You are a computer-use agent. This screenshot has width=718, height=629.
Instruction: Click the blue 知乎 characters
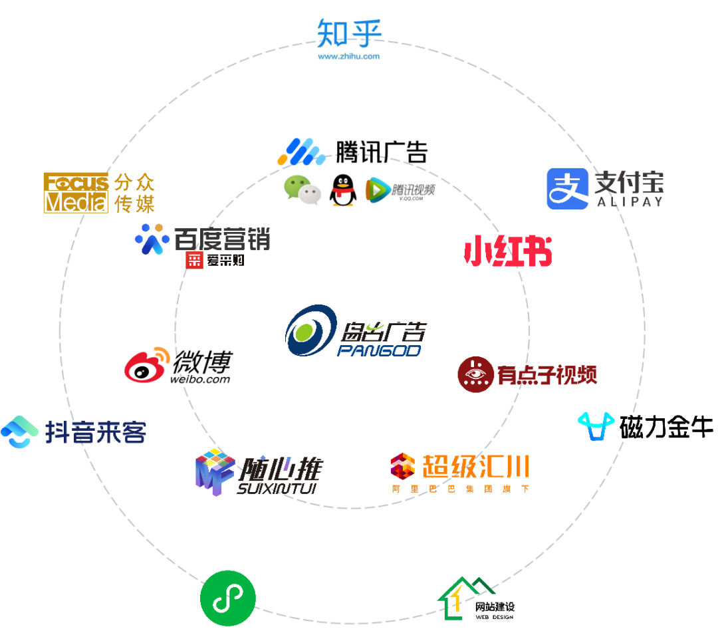(x=349, y=33)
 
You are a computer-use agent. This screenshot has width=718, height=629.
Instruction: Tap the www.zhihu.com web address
(x=348, y=57)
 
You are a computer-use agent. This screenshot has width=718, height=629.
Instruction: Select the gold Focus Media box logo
(x=76, y=192)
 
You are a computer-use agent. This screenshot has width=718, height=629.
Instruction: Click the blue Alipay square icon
(x=567, y=189)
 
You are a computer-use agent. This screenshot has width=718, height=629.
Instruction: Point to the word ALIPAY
(x=630, y=201)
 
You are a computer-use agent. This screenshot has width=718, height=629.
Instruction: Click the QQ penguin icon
(x=343, y=190)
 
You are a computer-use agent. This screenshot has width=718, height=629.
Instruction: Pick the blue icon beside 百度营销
(x=152, y=239)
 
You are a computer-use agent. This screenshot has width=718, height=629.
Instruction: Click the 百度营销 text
(x=222, y=239)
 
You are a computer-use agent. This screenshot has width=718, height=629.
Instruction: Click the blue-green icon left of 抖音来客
(x=19, y=432)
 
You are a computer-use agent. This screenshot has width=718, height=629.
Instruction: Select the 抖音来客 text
(x=96, y=432)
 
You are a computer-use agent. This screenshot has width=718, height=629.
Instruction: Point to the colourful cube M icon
(x=214, y=471)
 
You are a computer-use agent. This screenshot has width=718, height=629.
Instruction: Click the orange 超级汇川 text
(x=475, y=466)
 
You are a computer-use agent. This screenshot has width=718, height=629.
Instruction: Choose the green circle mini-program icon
(x=228, y=598)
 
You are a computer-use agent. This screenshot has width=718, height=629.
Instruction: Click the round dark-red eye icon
(x=475, y=374)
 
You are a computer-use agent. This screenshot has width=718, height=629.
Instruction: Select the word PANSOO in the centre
(x=379, y=350)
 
